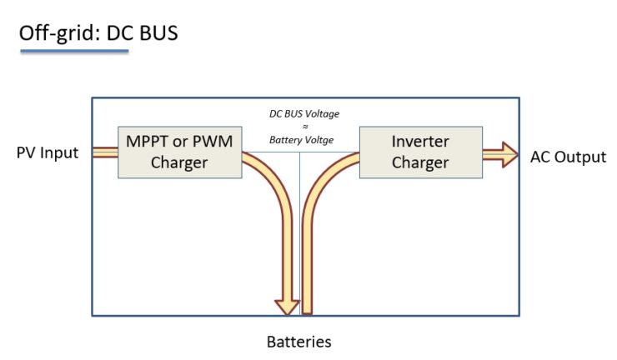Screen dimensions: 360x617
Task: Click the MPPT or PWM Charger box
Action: pyautogui.click(x=179, y=152)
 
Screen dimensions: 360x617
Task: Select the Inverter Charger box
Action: pyautogui.click(x=419, y=152)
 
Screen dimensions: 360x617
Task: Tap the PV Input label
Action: pyautogui.click(x=48, y=153)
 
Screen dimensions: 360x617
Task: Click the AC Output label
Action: pyautogui.click(x=568, y=157)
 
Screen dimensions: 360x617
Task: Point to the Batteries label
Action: pyautogui.click(x=298, y=342)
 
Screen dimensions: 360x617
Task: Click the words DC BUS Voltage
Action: pyautogui.click(x=303, y=112)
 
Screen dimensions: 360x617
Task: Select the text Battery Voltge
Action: pyautogui.click(x=301, y=140)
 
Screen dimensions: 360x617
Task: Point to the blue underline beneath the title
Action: pyautogui.click(x=74, y=52)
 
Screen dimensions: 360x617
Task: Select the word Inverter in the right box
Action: pyautogui.click(x=419, y=142)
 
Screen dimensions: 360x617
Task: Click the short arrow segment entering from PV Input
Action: pyautogui.click(x=104, y=152)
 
